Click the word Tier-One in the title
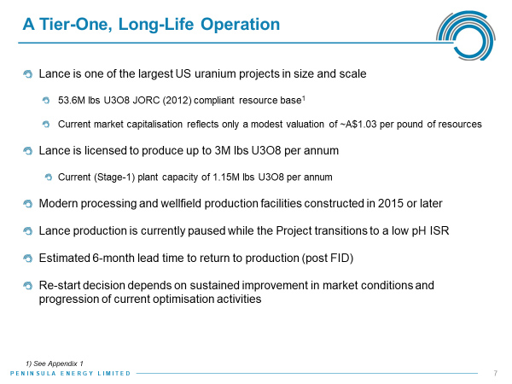(x=76, y=24)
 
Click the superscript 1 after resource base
(x=303, y=97)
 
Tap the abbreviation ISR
(x=439, y=231)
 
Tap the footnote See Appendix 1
(x=58, y=364)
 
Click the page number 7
(x=495, y=373)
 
